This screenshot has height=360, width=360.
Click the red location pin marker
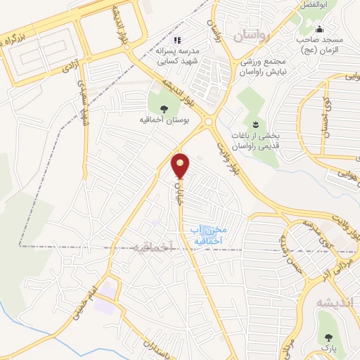(181, 165)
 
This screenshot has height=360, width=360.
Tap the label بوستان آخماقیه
(163, 120)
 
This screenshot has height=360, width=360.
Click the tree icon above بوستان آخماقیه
(164, 108)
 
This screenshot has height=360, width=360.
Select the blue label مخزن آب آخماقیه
(208, 235)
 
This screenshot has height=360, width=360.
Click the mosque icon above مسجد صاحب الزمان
(320, 30)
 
